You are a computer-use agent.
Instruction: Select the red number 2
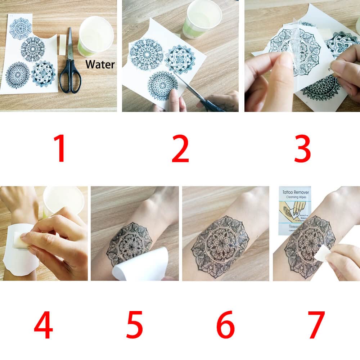[180, 148]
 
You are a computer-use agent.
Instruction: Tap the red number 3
[302, 148]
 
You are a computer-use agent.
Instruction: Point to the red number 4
[43, 325]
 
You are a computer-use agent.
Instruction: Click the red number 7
[316, 325]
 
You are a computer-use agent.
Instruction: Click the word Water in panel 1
[100, 65]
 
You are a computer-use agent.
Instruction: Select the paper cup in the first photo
[96, 36]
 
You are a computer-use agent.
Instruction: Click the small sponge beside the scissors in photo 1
[63, 45]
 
